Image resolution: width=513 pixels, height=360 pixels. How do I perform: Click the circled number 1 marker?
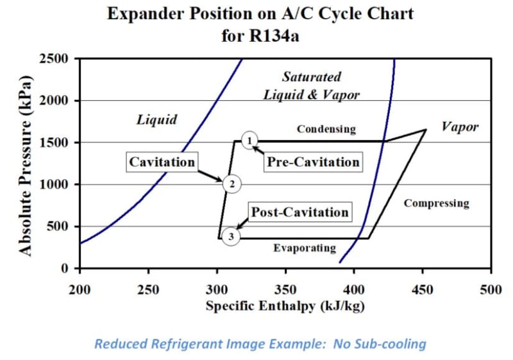click(x=249, y=140)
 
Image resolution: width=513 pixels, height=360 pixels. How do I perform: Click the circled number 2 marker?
click(x=231, y=184)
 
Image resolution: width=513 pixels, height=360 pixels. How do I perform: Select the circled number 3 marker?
click(x=230, y=237)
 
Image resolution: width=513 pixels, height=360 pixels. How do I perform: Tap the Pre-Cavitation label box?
click(x=313, y=162)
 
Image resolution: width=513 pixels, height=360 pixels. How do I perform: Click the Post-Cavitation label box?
click(x=299, y=212)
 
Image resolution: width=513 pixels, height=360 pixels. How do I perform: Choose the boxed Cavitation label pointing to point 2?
click(x=162, y=162)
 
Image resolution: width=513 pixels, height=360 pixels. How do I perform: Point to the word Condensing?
click(x=326, y=129)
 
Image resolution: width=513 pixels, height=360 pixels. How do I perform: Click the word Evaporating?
click(x=305, y=248)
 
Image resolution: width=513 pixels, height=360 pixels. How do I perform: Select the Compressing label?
click(x=436, y=203)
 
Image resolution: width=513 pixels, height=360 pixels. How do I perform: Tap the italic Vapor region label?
click(x=460, y=126)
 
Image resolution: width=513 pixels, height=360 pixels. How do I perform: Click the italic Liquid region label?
click(x=156, y=119)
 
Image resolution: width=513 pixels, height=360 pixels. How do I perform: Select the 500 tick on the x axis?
click(x=491, y=288)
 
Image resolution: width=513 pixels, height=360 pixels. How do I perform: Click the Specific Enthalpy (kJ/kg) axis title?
click(x=285, y=305)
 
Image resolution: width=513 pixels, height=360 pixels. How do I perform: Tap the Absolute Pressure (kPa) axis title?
click(x=26, y=164)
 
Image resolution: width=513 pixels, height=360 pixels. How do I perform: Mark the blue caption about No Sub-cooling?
click(x=260, y=344)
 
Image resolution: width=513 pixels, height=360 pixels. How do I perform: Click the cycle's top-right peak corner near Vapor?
click(x=425, y=130)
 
